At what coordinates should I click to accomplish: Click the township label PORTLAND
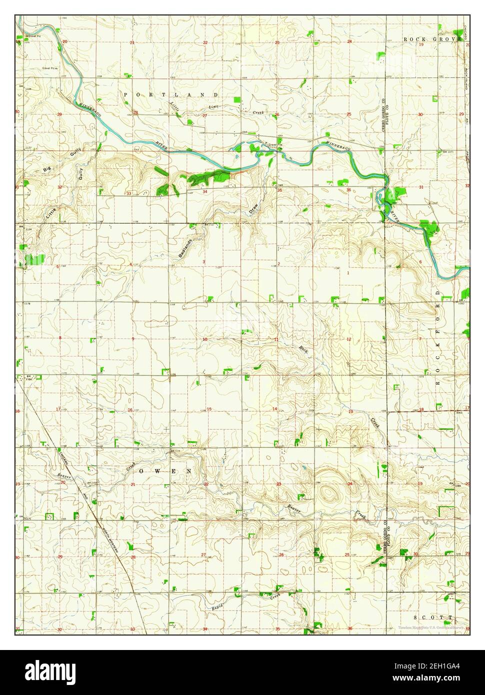pos(170,94)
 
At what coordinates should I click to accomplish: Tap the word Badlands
pos(184,246)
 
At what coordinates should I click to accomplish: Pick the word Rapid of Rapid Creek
pos(216,606)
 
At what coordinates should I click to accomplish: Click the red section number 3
pos(204,261)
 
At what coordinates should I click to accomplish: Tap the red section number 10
pos(205,339)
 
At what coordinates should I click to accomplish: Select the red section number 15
pos(209,409)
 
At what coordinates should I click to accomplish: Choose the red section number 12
pos(348,339)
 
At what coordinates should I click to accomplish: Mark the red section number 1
pos(347,273)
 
